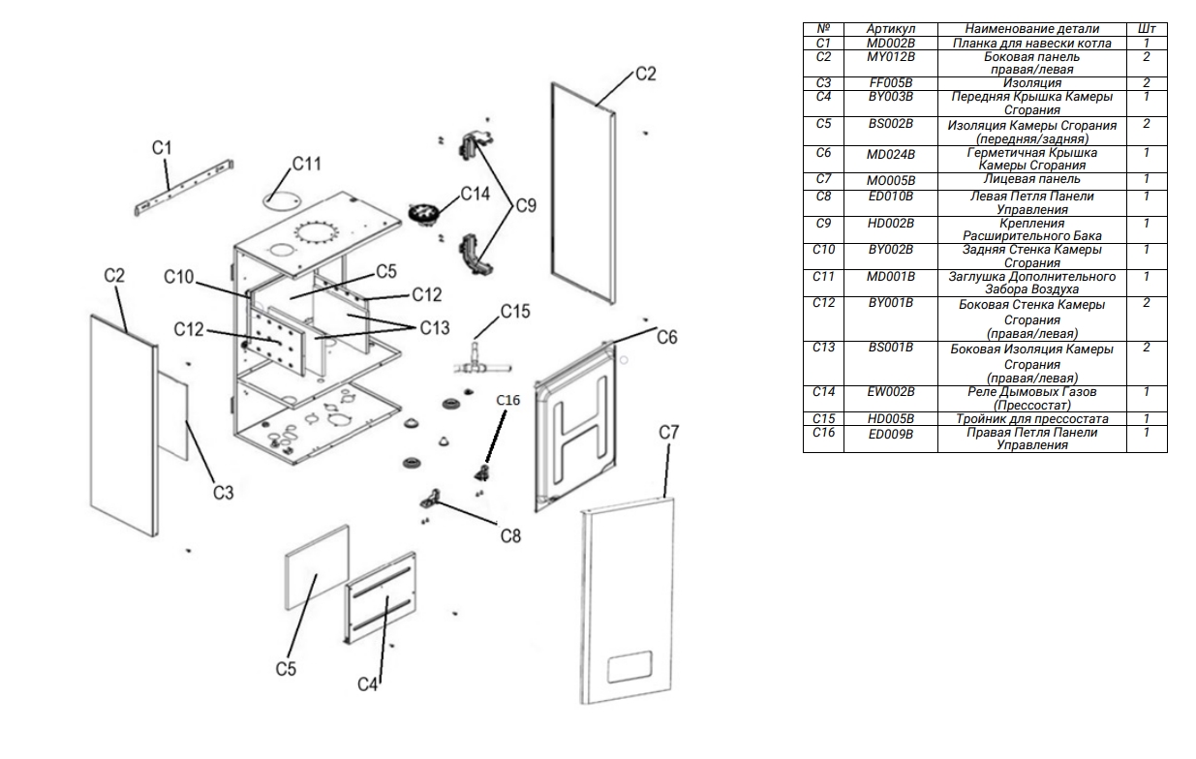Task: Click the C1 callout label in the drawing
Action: click(x=162, y=147)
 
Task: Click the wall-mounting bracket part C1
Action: click(x=184, y=190)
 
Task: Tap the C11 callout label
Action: click(x=306, y=164)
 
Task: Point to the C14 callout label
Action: click(x=475, y=194)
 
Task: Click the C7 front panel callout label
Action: click(x=670, y=434)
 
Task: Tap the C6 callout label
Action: click(x=667, y=336)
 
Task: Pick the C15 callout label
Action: click(x=515, y=312)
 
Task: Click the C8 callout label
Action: click(x=510, y=536)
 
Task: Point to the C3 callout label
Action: click(x=223, y=493)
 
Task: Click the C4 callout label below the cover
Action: click(x=368, y=684)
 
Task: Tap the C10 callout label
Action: click(x=179, y=279)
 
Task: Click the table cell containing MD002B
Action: click(x=891, y=44)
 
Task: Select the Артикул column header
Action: click(x=891, y=30)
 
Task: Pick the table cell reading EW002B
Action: click(x=891, y=392)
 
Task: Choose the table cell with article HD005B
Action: click(x=891, y=418)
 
